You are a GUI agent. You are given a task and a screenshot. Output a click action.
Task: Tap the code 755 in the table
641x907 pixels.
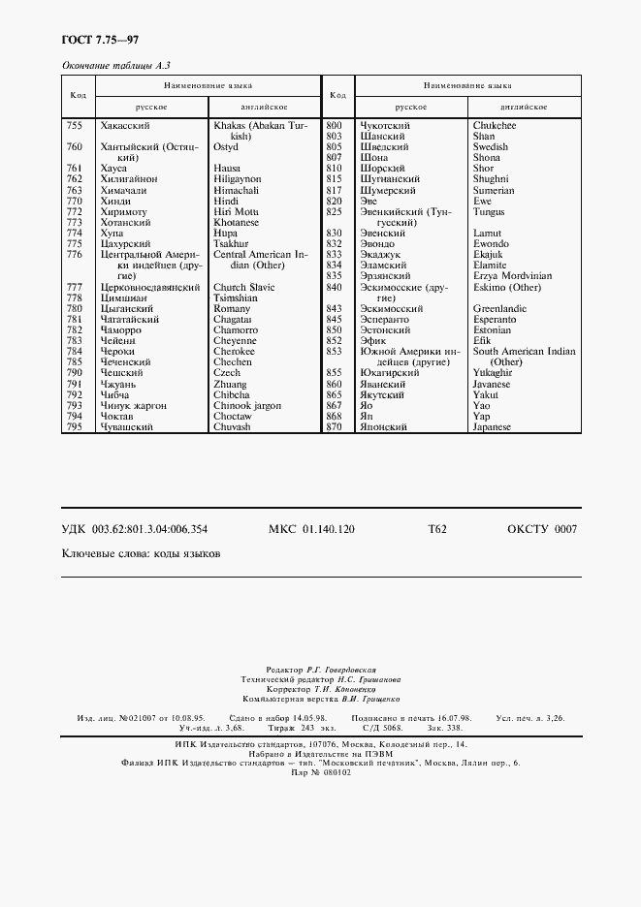coord(74,126)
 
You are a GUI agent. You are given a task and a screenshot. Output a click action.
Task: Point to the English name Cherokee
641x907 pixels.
coord(235,351)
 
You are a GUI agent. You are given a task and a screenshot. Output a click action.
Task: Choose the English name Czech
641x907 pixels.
coord(227,372)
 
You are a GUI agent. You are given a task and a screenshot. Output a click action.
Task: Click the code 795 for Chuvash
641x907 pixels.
coord(74,426)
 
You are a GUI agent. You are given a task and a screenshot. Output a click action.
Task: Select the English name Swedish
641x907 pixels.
coord(491,147)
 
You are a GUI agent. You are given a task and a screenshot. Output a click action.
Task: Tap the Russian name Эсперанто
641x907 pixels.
coord(385,319)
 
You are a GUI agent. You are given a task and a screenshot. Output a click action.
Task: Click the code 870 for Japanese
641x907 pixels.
coord(335,426)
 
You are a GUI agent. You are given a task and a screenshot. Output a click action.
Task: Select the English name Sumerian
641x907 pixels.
coord(494,190)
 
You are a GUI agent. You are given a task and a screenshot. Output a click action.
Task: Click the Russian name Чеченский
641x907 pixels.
coord(122,361)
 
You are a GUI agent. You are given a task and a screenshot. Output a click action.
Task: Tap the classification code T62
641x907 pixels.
coord(436,529)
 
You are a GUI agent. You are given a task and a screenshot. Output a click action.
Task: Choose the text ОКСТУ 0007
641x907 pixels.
coord(541,529)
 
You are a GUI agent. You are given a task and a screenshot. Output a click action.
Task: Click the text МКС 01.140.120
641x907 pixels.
coord(310,529)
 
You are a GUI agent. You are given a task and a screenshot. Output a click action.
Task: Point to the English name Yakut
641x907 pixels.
coord(486,394)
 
